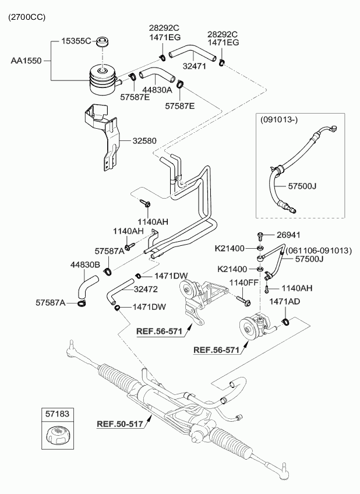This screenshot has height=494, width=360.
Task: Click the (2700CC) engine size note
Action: click(x=26, y=18)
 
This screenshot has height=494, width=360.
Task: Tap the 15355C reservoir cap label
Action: click(x=77, y=41)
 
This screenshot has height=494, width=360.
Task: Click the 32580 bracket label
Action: click(x=145, y=140)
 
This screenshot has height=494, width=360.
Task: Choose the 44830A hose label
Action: click(x=157, y=90)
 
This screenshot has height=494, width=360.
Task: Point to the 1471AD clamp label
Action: click(x=284, y=302)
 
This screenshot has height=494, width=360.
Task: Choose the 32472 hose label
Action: click(x=147, y=288)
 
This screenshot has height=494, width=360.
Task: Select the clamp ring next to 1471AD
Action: click(x=285, y=322)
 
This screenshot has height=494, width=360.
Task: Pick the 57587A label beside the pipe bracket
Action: click(x=110, y=251)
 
